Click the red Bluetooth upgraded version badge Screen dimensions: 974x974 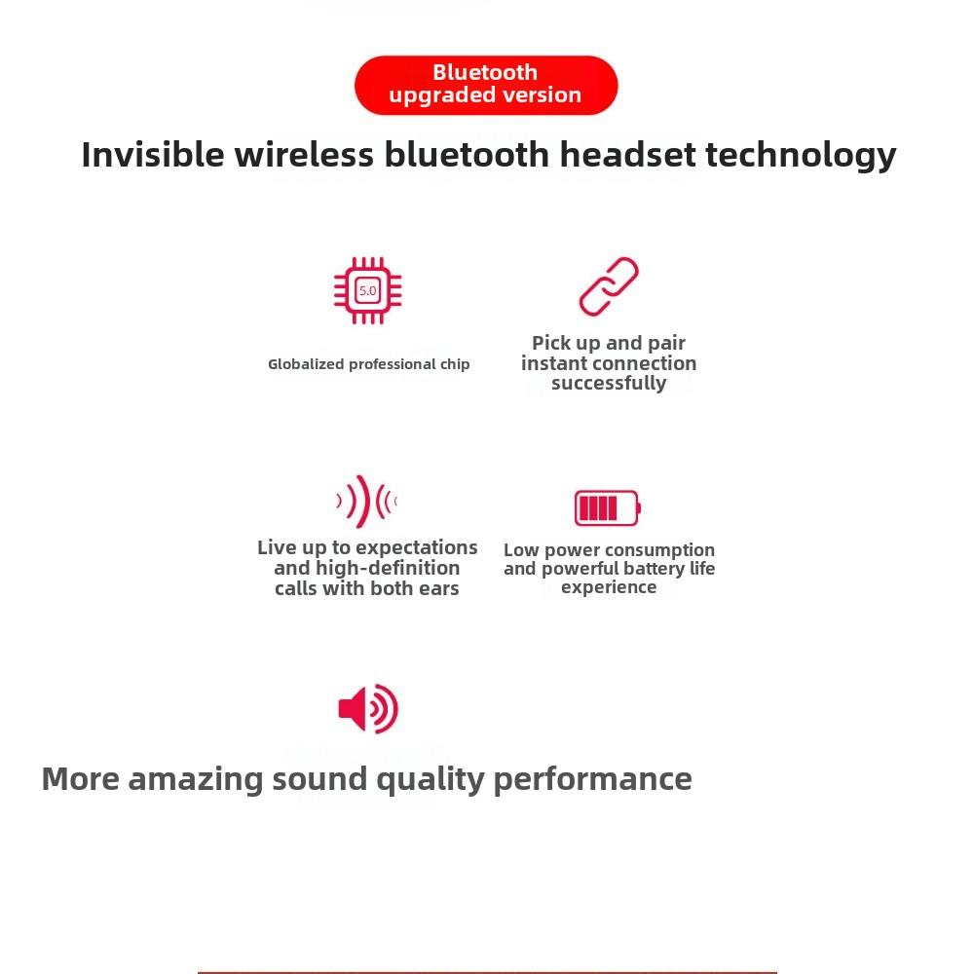tap(486, 85)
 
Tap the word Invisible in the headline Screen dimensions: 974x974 tap(153, 154)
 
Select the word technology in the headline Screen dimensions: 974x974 tap(801, 155)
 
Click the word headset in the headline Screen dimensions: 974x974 tap(627, 154)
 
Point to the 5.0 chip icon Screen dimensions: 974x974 tap(368, 290)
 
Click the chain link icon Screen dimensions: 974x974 tap(609, 286)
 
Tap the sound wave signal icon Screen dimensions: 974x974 tap(366, 502)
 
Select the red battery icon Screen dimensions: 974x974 tap(608, 508)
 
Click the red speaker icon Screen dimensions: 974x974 tap(368, 709)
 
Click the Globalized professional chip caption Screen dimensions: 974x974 tap(369, 364)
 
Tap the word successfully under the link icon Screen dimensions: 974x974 tap(609, 383)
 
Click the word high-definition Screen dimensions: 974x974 tap(388, 568)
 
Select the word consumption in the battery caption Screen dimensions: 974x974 tap(659, 550)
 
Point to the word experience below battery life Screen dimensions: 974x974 tap(609, 587)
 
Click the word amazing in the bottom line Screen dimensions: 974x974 tap(196, 779)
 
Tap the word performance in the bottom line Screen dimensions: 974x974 tap(592, 779)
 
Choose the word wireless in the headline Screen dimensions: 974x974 tap(304, 154)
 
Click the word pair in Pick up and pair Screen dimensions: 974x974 tap(666, 344)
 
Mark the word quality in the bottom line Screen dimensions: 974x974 tap(431, 779)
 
